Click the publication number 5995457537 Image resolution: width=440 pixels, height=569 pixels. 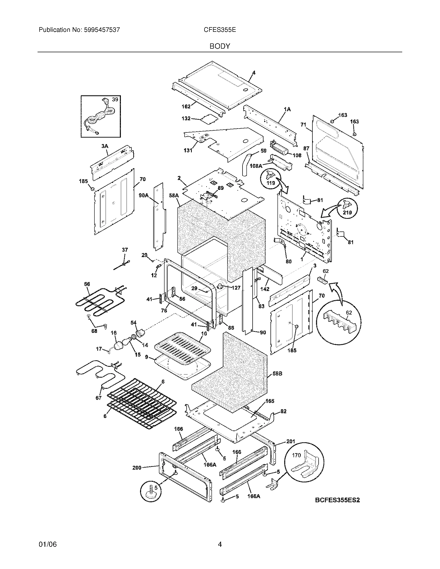pyautogui.click(x=102, y=30)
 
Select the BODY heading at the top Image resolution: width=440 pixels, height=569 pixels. pyautogui.click(x=220, y=46)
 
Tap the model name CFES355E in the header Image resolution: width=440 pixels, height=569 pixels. pyautogui.click(x=220, y=30)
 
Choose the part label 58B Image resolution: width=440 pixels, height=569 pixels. pyautogui.click(x=277, y=374)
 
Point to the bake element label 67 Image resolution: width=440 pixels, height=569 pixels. pyautogui.click(x=98, y=398)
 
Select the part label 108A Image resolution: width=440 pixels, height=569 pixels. pyautogui.click(x=256, y=166)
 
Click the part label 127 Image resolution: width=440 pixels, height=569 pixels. pyautogui.click(x=236, y=288)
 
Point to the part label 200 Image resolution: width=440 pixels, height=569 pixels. pyautogui.click(x=137, y=468)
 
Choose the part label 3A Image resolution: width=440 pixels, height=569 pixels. pyautogui.click(x=105, y=146)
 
